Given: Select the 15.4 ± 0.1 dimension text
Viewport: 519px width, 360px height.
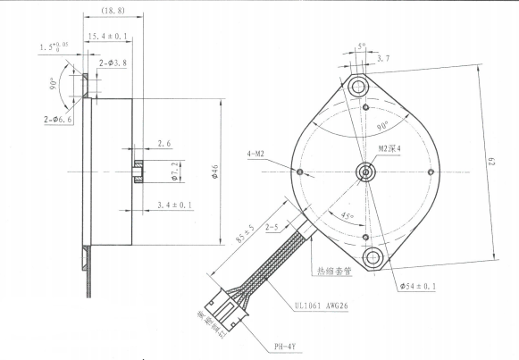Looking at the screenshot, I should pos(108,37).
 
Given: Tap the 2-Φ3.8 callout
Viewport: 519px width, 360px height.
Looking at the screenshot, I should pos(113,63).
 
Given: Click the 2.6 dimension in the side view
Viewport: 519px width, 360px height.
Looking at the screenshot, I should pos(165,144).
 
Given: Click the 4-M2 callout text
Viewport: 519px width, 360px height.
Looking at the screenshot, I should pos(259,154).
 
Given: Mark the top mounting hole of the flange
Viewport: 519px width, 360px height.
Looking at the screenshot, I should pos(360,86).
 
